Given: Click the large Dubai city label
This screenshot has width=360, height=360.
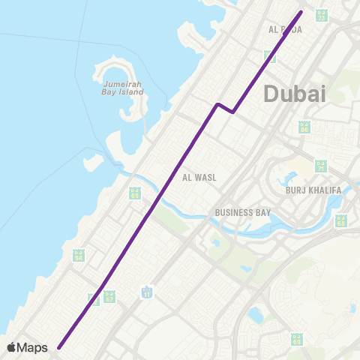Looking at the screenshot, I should coord(295,94).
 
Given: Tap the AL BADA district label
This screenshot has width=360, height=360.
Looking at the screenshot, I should coord(285,30).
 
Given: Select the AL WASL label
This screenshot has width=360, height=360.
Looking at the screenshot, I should coord(198,178).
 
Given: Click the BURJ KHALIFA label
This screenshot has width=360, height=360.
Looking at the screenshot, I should coord(313,190).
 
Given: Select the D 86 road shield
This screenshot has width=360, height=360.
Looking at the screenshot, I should coord(304,127).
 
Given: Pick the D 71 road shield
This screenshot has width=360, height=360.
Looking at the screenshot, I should coord(321,166).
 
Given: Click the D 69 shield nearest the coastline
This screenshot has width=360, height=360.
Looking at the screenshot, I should coord(134,194).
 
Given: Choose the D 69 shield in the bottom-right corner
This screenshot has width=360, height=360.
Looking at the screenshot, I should coord(297,340).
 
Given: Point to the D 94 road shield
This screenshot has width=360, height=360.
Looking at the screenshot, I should coord(78,256).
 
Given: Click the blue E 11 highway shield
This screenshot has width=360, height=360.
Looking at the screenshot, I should coord(148,291).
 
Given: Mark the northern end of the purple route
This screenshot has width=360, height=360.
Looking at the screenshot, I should coord(301,11).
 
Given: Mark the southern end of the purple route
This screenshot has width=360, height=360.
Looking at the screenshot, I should coord(58,346).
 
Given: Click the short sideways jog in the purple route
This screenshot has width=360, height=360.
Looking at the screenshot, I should coord(225,108).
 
